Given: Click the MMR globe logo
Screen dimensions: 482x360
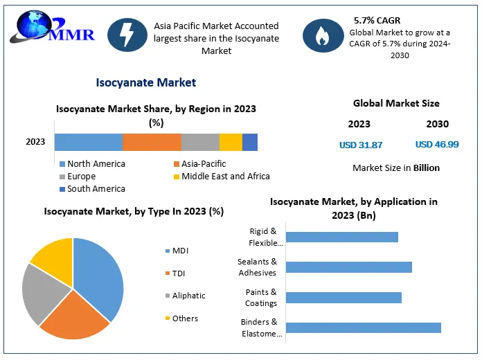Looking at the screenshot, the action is coord(52,27).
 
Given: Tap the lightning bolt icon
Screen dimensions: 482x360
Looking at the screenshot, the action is coord(127,35).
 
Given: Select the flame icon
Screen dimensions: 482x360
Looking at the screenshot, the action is coord(323,35).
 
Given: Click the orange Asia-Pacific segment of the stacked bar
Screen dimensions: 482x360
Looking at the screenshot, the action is coord(152,142).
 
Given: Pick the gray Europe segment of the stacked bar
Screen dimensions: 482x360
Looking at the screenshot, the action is coord(200,142).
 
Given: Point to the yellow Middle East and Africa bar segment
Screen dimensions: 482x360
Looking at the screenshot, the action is coord(231,142).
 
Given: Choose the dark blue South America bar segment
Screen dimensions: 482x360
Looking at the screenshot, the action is coord(250,142).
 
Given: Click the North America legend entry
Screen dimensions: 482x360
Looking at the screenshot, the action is coord(93,164).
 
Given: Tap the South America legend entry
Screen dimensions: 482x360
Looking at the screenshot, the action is coord(93,189).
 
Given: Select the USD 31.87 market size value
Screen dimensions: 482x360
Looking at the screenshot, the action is coord(361,145).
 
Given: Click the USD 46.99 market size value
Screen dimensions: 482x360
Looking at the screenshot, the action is coord(437,144).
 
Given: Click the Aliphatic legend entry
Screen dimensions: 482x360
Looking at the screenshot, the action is coord(186,296).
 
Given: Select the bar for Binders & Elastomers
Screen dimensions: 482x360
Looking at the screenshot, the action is coord(364,327).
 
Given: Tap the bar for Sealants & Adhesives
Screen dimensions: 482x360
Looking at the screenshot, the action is coord(349,267).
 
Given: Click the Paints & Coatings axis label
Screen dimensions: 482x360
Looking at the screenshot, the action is coord(261,298).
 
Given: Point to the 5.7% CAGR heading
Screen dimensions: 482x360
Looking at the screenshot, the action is coord(377,21).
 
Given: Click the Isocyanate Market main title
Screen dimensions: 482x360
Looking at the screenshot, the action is coord(146,82).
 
